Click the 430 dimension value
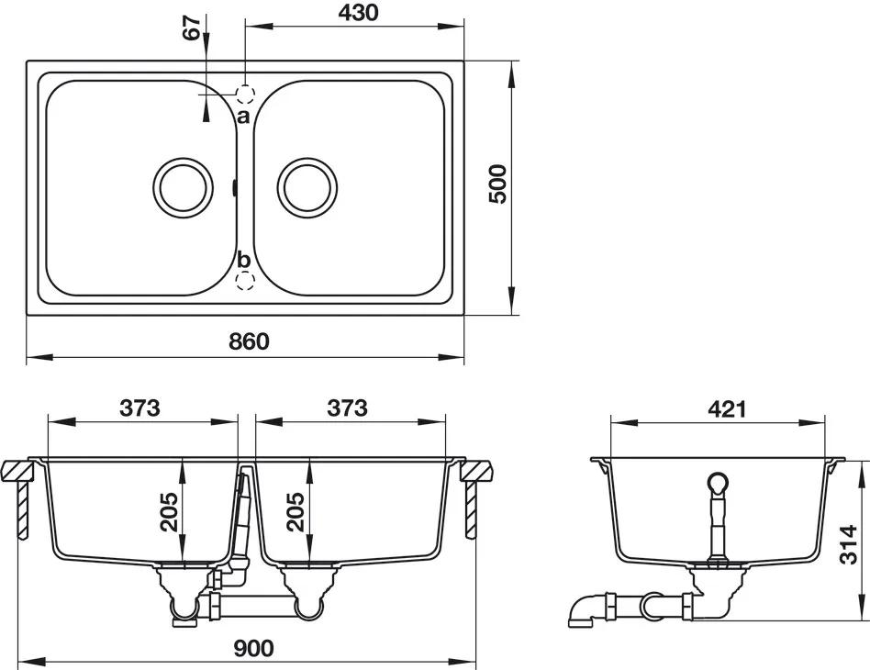[358, 12]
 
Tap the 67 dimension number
[192, 28]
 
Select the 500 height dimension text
[497, 184]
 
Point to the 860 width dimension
[249, 341]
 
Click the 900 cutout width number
[253, 648]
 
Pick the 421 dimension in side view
[727, 409]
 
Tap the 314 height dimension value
[848, 544]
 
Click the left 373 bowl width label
[139, 408]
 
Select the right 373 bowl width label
[347, 408]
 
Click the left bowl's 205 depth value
[169, 512]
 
